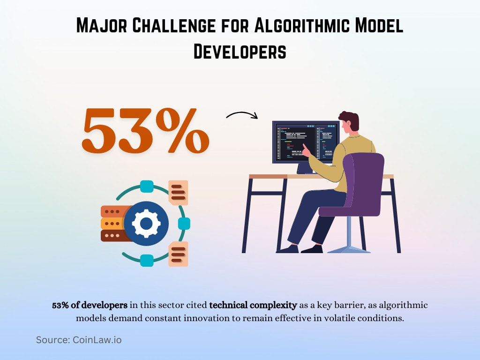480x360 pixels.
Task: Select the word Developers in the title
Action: [240, 51]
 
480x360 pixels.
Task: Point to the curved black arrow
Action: [242, 115]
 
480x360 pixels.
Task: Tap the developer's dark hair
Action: [350, 120]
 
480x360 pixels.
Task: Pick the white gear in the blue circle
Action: [146, 224]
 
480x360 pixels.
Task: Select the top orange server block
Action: [112, 211]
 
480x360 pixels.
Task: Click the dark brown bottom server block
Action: [112, 235]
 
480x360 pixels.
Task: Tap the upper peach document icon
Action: [178, 193]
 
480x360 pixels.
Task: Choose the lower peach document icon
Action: [178, 254]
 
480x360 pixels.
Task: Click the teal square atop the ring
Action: [147, 186]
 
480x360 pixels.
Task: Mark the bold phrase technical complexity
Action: [253, 306]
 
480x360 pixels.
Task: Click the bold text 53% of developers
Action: [90, 306]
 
